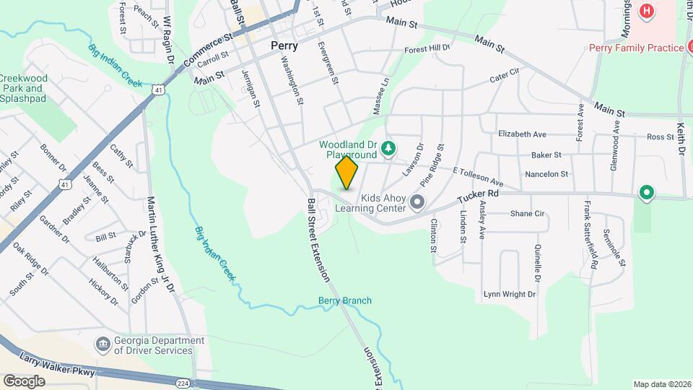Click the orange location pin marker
click(x=347, y=173)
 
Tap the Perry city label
click(x=284, y=45)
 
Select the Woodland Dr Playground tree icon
click(x=389, y=148)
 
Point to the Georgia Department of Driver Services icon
click(x=103, y=342)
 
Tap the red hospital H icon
click(x=647, y=12)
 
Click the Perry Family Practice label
click(x=636, y=48)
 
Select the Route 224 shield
click(x=183, y=382)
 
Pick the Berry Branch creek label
click(x=345, y=300)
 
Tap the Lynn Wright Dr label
click(x=510, y=294)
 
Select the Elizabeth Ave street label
click(x=523, y=134)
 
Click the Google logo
click(x=24, y=381)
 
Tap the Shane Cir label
click(x=527, y=214)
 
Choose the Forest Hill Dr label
click(x=427, y=49)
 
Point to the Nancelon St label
click(x=546, y=174)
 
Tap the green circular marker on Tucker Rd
click(x=647, y=194)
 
